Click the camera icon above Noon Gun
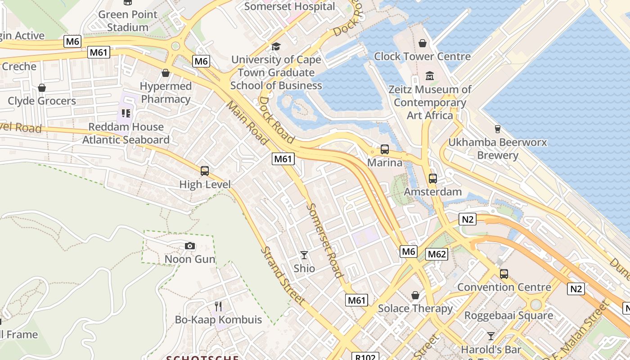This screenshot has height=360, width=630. (x=190, y=246)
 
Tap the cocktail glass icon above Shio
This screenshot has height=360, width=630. (x=304, y=255)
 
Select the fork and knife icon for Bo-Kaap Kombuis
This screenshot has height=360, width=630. (x=218, y=306)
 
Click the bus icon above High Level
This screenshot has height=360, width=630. (x=205, y=171)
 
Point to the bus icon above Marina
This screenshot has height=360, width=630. (x=385, y=149)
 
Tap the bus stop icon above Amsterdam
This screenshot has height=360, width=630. (x=432, y=179)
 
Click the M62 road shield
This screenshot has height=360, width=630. (x=436, y=254)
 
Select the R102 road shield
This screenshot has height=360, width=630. (x=364, y=356)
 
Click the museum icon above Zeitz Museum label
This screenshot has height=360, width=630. (x=430, y=76)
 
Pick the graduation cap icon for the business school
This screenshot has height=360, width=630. (x=276, y=46)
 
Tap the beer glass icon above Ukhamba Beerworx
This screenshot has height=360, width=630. (x=497, y=129)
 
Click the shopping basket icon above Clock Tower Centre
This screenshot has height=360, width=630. (x=423, y=43)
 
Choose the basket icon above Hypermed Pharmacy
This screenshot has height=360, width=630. (x=166, y=73)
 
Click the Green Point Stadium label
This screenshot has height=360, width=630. (x=128, y=21)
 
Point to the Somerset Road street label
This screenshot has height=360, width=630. (x=324, y=240)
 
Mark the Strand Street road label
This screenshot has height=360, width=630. (x=283, y=275)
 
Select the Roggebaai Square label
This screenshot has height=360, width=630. (x=508, y=315)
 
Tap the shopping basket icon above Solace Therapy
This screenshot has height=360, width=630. (x=415, y=295)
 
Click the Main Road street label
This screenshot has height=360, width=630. (x=247, y=122)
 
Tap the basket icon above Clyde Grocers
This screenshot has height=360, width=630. (x=42, y=88)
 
